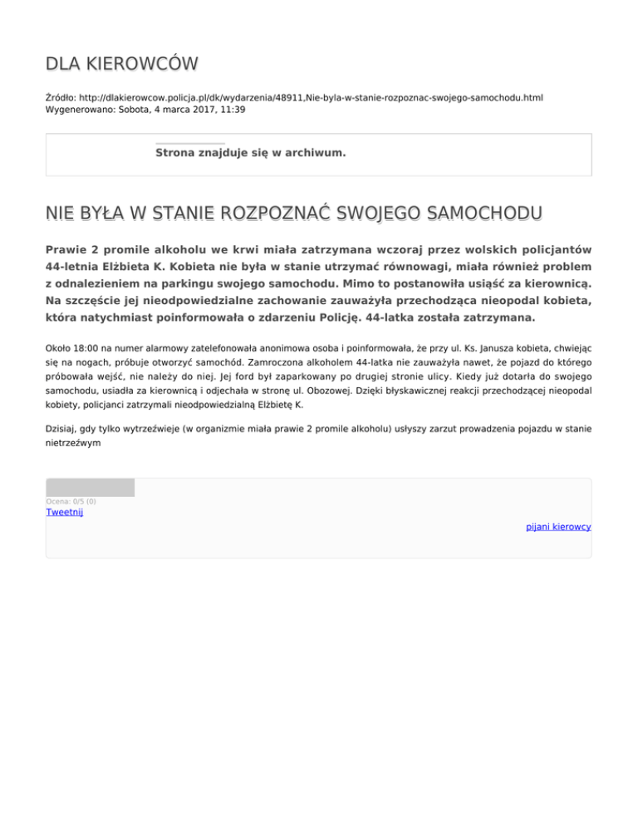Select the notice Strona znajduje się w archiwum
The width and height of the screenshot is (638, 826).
(250, 153)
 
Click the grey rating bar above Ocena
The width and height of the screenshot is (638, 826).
(90, 488)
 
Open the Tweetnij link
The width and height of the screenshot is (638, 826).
(64, 512)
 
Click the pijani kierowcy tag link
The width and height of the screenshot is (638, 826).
(558, 527)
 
